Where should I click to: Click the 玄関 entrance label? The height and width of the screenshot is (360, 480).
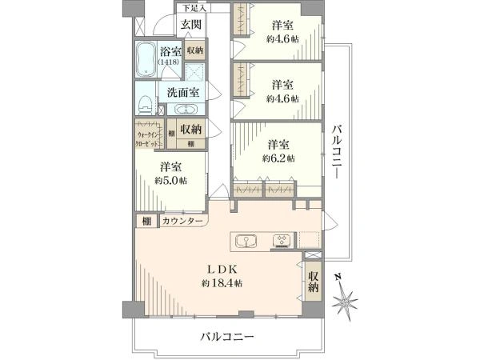coord(190,25)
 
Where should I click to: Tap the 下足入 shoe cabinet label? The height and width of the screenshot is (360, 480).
coord(192,7)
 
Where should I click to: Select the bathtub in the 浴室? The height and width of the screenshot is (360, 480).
coord(146,58)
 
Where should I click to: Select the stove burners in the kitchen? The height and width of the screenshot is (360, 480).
coord(284,240)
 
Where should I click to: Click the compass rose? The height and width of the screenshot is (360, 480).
coord(346,302)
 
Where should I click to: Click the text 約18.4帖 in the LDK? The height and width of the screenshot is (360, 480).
coord(222,283)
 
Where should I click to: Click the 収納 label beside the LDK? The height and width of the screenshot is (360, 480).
coord(314,282)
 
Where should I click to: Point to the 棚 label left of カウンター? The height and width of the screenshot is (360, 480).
coord(146,221)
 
